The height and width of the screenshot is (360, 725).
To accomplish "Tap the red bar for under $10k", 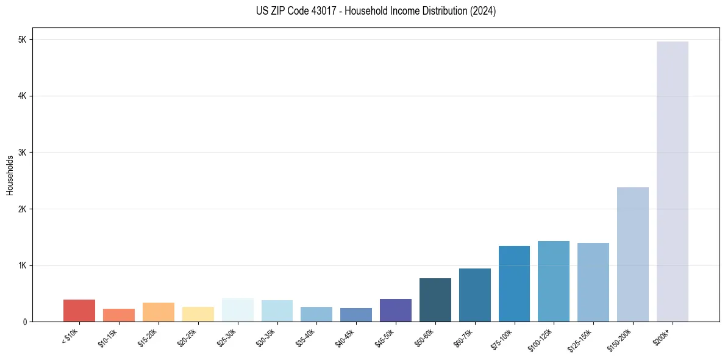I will (79, 311).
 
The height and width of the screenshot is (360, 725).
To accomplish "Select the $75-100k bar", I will (514, 284).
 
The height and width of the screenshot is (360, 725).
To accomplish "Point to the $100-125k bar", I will (554, 281).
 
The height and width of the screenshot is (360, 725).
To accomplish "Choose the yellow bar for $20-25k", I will (198, 314).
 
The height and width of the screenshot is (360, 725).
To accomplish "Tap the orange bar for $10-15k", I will (119, 315).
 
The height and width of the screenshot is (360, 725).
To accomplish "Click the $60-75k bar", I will (475, 295).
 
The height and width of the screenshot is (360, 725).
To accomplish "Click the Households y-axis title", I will (10, 175).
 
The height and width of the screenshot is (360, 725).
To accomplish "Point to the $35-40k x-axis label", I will (304, 337).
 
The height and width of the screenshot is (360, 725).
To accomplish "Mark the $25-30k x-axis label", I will (226, 337).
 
